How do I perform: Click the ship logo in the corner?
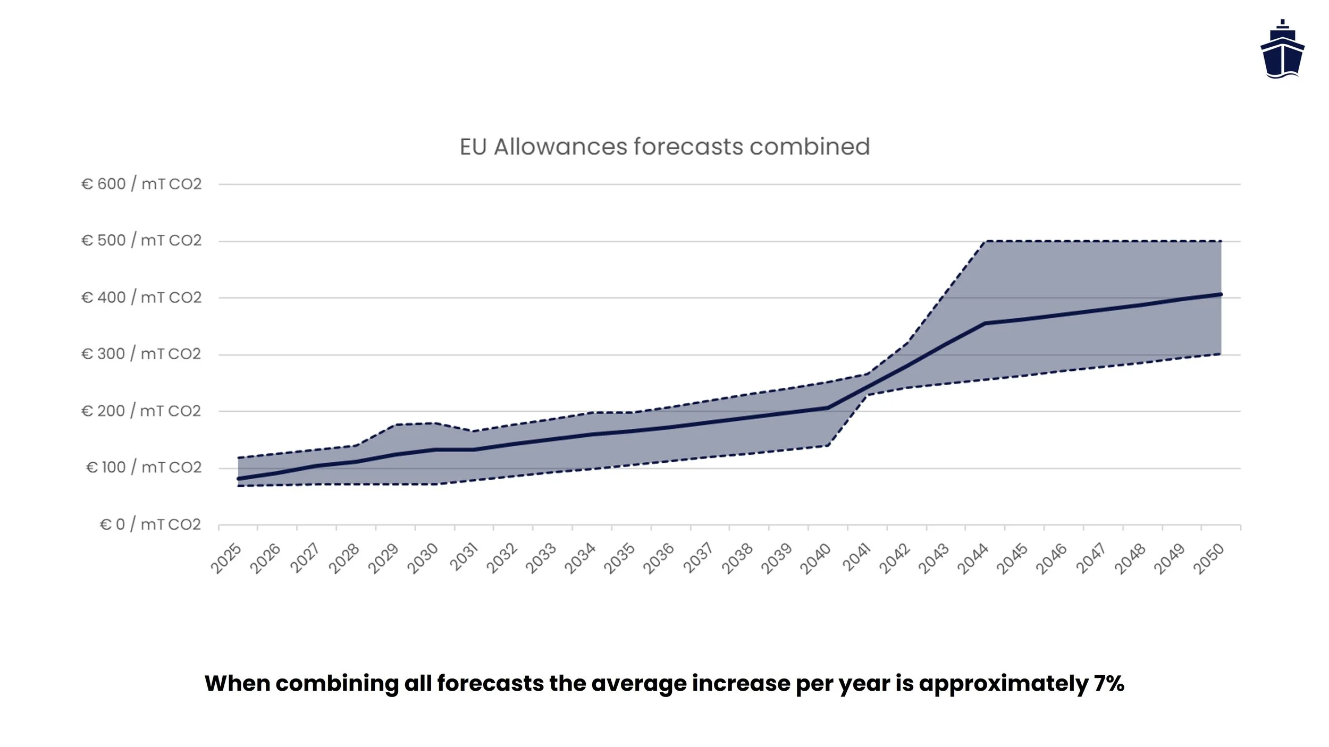1282,49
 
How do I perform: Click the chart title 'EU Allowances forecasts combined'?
664,147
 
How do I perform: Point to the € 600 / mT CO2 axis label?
141,184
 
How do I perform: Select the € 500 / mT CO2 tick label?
141,240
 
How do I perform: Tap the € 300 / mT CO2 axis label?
141,354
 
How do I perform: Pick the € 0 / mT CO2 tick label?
150,524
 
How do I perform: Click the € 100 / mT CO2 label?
144,468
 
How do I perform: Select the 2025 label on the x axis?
226,558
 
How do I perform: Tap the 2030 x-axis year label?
423,558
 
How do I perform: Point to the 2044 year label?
973,558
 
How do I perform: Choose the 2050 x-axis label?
1209,558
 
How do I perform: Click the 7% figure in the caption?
1109,683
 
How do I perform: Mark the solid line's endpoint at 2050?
1221,294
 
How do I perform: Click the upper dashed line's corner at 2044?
985,242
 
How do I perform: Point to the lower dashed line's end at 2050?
1221,354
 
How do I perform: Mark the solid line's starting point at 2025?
238,479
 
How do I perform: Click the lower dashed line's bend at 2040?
828,445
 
